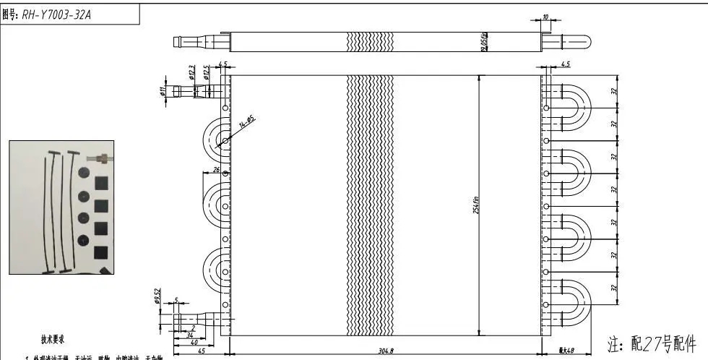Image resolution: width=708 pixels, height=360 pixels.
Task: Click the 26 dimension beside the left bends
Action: pos(215,171)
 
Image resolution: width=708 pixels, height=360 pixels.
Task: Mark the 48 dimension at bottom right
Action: pos(566,351)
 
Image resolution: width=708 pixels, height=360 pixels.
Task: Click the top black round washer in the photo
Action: pos(83,173)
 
